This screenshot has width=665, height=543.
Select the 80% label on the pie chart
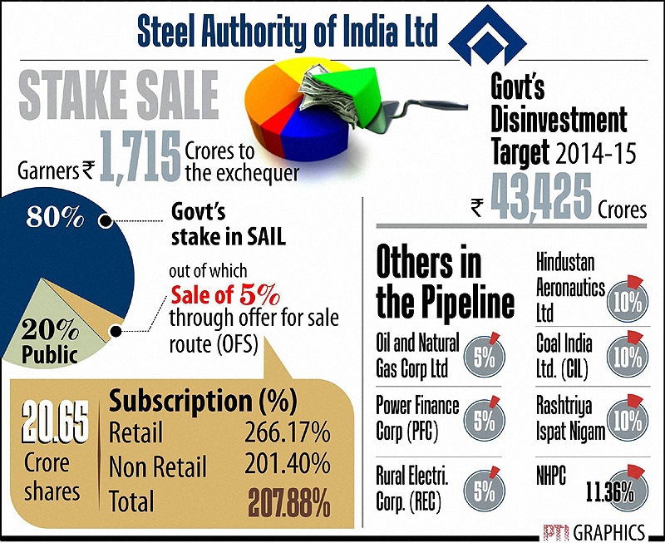point(55,218)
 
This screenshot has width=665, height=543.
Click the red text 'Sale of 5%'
point(226,295)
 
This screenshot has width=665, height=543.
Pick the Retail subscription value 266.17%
point(287,432)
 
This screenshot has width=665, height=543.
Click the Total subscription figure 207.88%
point(288,501)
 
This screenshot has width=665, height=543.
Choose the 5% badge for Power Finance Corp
point(483,420)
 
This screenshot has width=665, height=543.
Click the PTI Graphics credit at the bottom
point(594,530)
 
